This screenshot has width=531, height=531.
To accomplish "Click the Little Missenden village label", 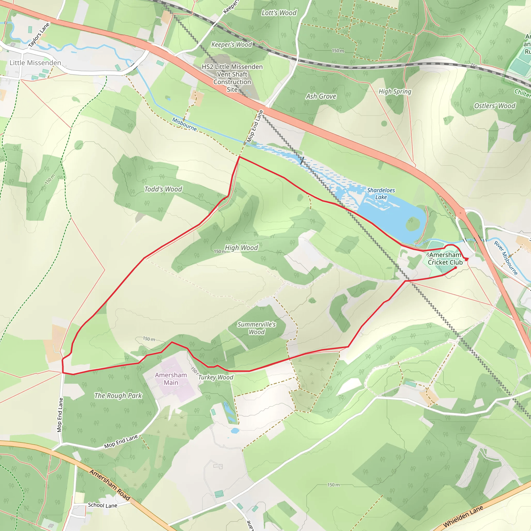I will coord(35,63).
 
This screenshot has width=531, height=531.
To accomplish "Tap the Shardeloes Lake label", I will coord(381,194).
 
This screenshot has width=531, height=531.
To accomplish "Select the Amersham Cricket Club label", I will coord(445,258).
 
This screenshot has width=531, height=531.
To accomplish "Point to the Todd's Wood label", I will coord(163,189).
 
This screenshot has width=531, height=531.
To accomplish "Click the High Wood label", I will coord(241,248).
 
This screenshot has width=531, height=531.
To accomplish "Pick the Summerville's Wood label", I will coord(256,328).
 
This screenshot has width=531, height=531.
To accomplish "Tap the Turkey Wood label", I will coord(216,377).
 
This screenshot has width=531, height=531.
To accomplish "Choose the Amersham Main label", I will coord(171,379).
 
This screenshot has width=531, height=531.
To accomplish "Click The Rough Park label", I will coord(118,396).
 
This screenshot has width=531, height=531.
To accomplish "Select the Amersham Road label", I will coord(110,485).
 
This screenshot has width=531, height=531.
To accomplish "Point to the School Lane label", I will coord(102,505).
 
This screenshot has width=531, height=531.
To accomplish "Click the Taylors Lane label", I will coord(39,35).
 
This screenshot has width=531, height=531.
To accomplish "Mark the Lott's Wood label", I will coord(279,13).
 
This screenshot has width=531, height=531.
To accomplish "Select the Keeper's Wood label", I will coord(232,45).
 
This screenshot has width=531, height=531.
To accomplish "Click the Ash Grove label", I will coord(321,96).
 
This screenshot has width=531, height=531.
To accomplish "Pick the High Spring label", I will coord(395,92).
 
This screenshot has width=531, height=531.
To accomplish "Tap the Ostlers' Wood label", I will coord(495,106).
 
